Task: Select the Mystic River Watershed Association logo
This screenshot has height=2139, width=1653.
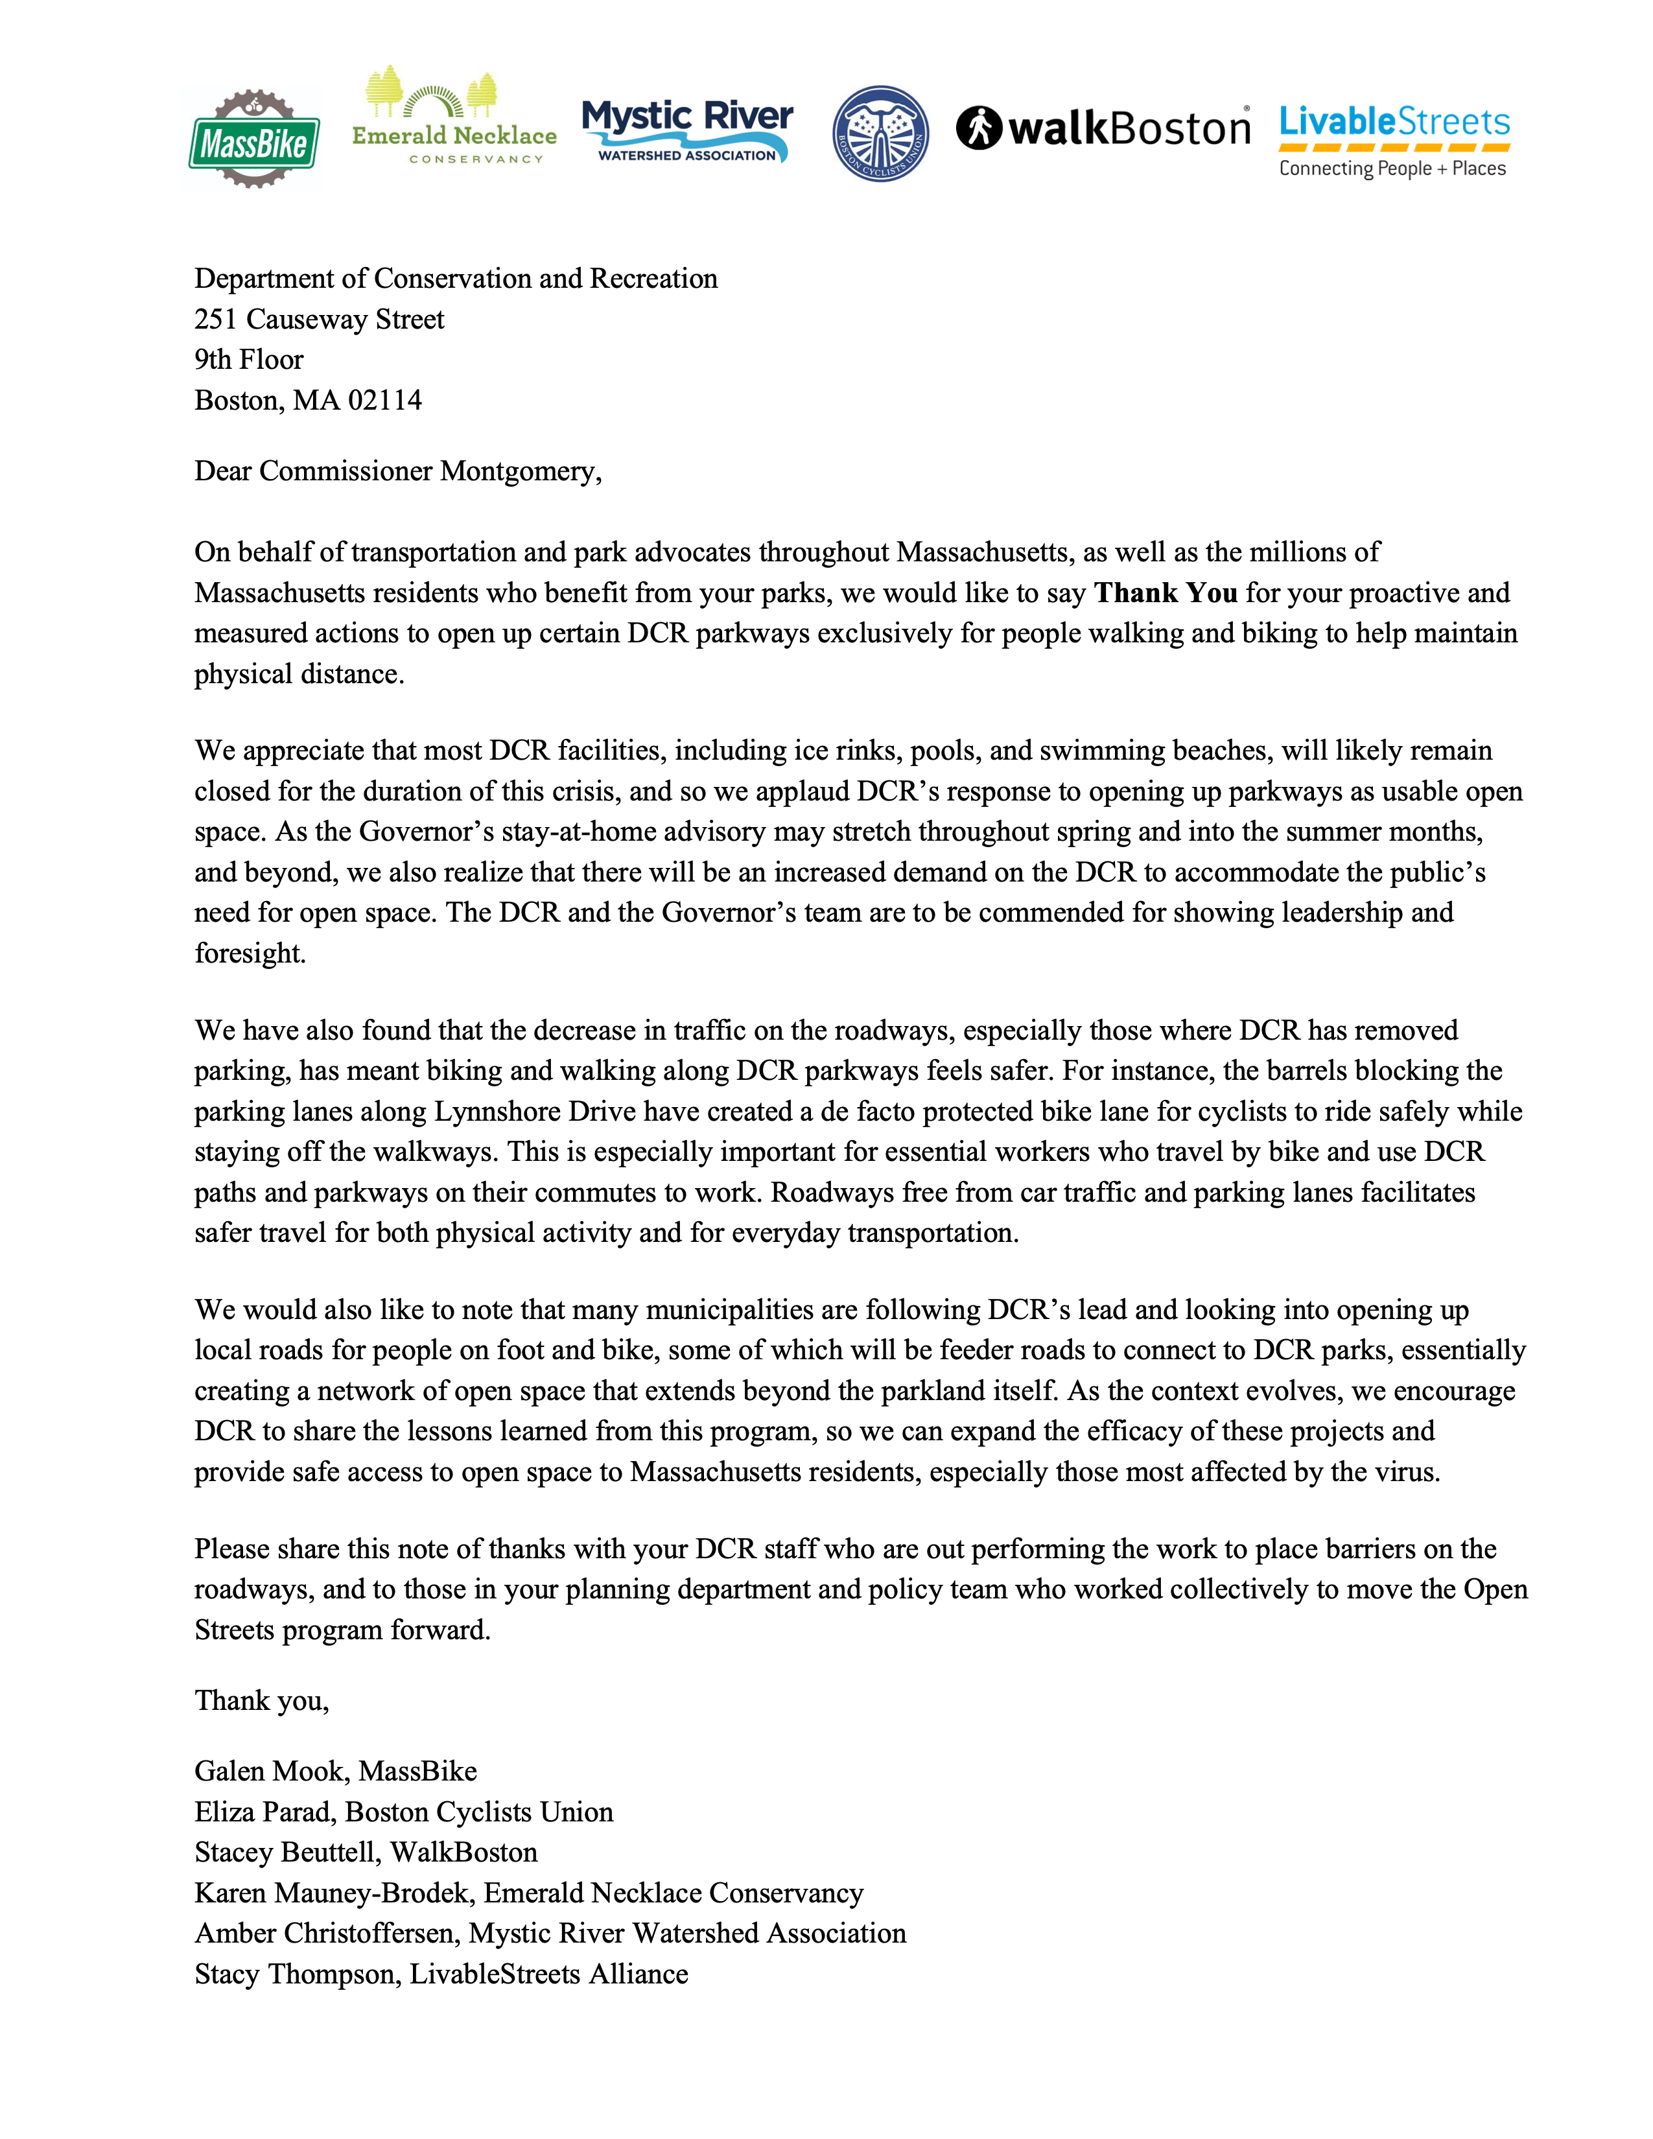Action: [687, 131]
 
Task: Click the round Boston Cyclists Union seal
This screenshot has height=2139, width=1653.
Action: [880, 133]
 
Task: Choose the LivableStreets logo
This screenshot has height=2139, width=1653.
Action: [1394, 140]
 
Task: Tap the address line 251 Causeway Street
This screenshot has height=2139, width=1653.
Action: [319, 320]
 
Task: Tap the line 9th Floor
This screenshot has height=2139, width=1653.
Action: [249, 360]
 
